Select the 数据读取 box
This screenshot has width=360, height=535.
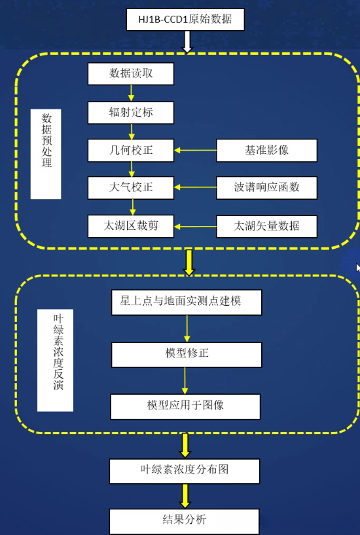tap(131, 73)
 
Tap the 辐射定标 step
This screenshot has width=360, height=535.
tap(131, 112)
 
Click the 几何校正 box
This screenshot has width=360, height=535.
tap(131, 151)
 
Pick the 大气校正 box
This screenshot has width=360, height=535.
tap(131, 188)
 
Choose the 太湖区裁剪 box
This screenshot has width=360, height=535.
tap(131, 227)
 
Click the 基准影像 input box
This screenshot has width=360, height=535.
tap(266, 151)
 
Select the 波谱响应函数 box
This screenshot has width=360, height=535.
tap(266, 188)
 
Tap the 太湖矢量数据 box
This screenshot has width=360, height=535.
tap(266, 227)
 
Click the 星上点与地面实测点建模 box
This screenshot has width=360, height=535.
tap(187, 302)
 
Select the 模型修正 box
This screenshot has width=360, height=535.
tap(187, 354)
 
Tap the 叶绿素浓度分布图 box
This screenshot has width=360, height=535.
tap(185, 471)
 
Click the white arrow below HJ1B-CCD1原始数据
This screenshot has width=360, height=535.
tap(187, 42)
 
